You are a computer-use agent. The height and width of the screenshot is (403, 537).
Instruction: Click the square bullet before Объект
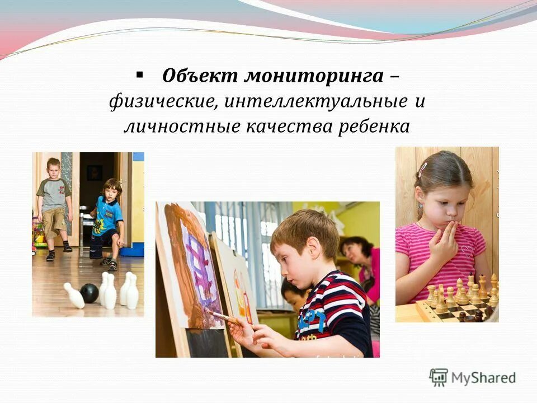[139, 74]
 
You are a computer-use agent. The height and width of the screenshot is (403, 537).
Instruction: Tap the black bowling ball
[89, 293]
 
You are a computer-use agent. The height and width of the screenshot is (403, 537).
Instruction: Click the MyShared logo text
[484, 378]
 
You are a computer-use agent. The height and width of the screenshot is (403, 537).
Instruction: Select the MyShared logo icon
[439, 377]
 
